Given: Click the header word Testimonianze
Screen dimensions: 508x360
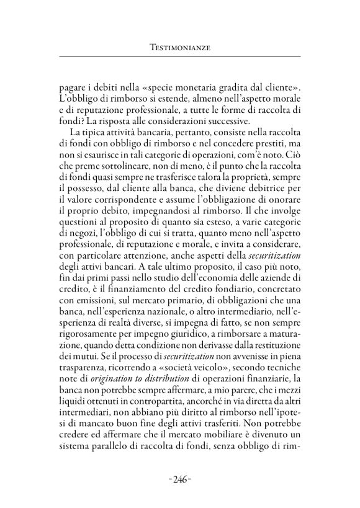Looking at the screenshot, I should [x=179, y=47].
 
